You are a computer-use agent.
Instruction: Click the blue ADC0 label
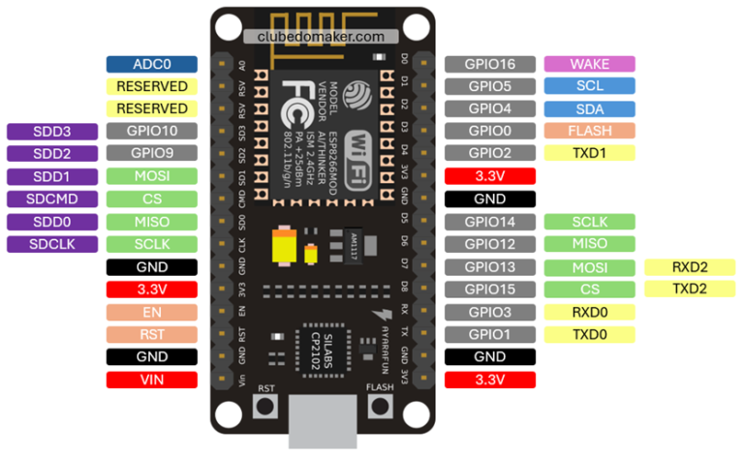[x=151, y=64]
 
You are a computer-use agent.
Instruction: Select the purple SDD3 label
[x=51, y=132]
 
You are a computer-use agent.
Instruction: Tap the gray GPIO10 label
[x=151, y=132]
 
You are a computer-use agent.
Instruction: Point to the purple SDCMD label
[x=51, y=198]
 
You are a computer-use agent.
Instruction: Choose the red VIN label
[x=151, y=380]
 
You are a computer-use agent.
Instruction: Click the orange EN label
[x=151, y=312]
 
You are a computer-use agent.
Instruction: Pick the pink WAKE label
[x=589, y=64]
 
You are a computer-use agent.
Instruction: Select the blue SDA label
[x=589, y=109]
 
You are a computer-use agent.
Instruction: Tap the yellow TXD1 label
[x=589, y=153]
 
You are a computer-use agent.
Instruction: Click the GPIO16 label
[x=490, y=64]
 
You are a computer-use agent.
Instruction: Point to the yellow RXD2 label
[x=690, y=267]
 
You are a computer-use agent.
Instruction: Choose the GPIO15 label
[x=490, y=290]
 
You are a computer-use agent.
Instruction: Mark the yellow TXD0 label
[x=589, y=334]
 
